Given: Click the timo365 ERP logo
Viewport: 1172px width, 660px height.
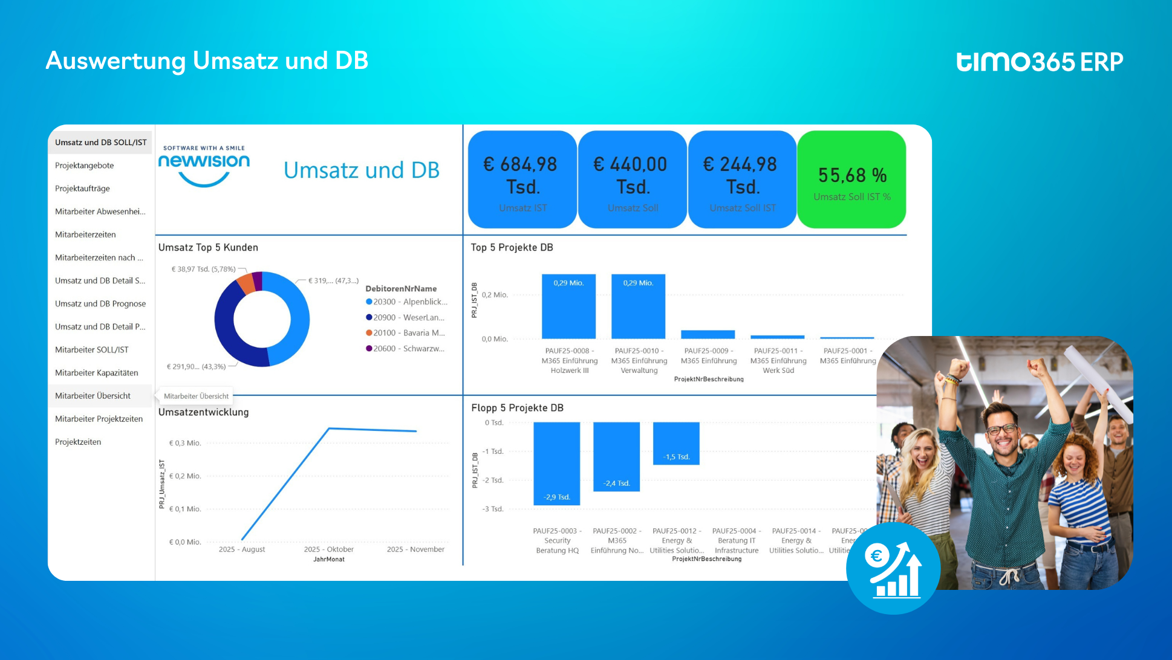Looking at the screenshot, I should (1039, 62).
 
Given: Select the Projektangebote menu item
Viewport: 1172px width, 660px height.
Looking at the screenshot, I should (85, 166).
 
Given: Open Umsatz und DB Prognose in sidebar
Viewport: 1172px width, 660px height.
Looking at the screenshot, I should (100, 304).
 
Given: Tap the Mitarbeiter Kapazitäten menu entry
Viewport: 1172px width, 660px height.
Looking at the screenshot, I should (97, 373).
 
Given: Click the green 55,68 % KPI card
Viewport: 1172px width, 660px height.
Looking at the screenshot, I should (851, 180).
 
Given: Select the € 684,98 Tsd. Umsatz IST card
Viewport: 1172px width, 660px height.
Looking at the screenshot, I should (522, 180).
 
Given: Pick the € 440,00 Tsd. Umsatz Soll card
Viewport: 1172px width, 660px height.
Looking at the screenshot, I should (632, 180).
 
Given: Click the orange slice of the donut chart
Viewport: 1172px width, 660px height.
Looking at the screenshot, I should (246, 283).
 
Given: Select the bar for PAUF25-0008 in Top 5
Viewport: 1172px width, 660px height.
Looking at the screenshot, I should (568, 306).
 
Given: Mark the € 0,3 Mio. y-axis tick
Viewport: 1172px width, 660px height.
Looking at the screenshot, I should (185, 443).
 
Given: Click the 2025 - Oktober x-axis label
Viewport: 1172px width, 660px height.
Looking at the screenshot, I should (328, 549).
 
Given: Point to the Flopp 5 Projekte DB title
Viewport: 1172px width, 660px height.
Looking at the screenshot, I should (517, 408).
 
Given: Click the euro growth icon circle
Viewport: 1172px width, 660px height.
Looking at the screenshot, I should (893, 569).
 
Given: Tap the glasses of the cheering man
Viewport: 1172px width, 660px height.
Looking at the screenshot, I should (1001, 430).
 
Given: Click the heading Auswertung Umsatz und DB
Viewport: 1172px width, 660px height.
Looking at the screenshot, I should (207, 60).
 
